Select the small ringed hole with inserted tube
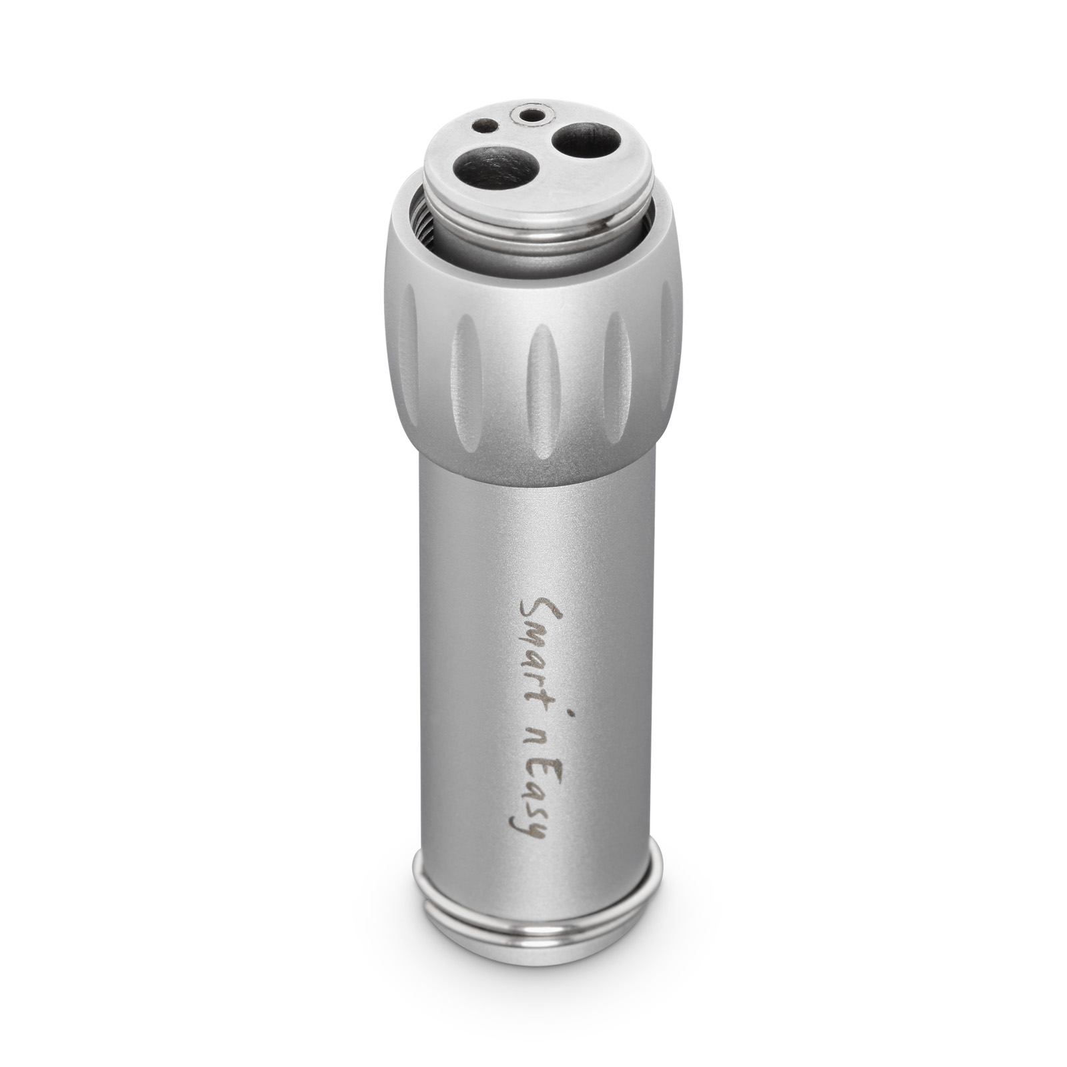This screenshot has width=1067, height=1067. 530,115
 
